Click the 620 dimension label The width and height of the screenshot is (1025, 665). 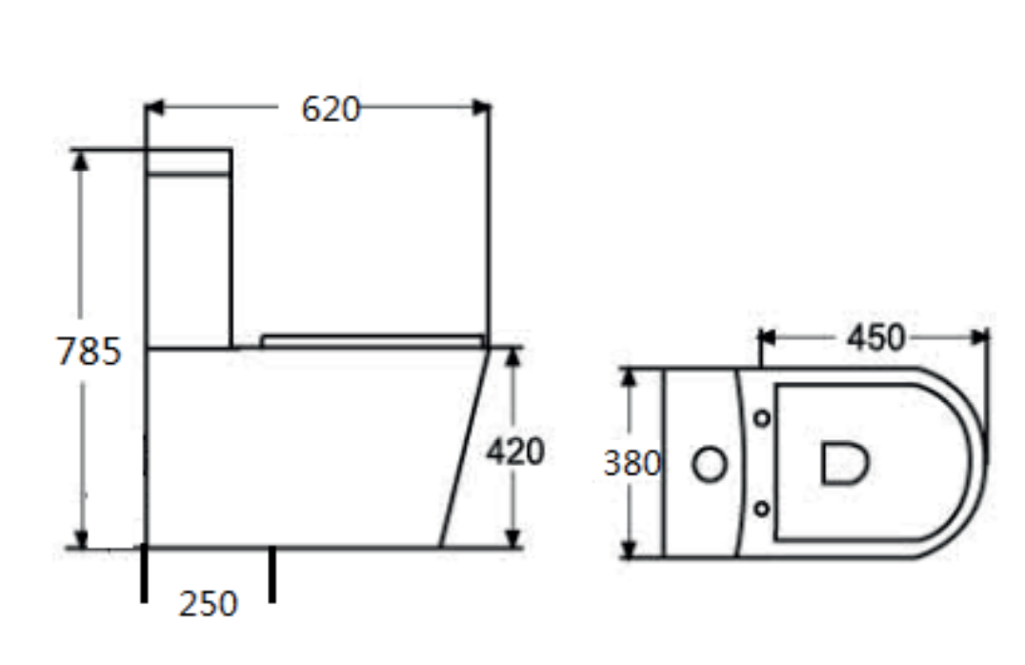[331, 110]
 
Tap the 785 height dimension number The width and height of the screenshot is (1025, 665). [89, 352]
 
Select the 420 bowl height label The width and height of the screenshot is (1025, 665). [515, 452]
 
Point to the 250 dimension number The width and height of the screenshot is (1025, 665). [208, 603]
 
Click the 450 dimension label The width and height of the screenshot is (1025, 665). [876, 338]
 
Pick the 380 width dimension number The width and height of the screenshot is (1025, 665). [633, 463]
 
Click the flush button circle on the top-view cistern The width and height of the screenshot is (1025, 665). [710, 464]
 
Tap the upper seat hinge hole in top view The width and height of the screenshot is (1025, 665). [761, 418]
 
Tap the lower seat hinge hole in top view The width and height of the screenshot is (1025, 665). [761, 508]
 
